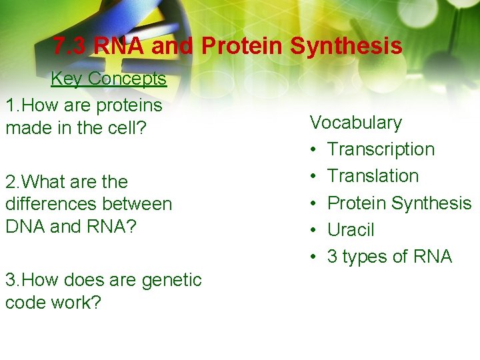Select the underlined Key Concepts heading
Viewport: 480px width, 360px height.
pyautogui.click(x=108, y=79)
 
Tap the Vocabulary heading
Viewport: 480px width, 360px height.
pyautogui.click(x=355, y=123)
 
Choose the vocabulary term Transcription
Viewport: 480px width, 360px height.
pyautogui.click(x=381, y=149)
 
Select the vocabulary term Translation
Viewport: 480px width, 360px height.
pyautogui.click(x=373, y=176)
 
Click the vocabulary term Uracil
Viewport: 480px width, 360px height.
pyautogui.click(x=351, y=230)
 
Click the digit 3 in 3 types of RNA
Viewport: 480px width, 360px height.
pyautogui.click(x=333, y=257)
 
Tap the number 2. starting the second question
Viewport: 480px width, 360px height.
pyautogui.click(x=12, y=182)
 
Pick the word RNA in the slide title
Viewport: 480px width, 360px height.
pyautogui.click(x=121, y=46)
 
